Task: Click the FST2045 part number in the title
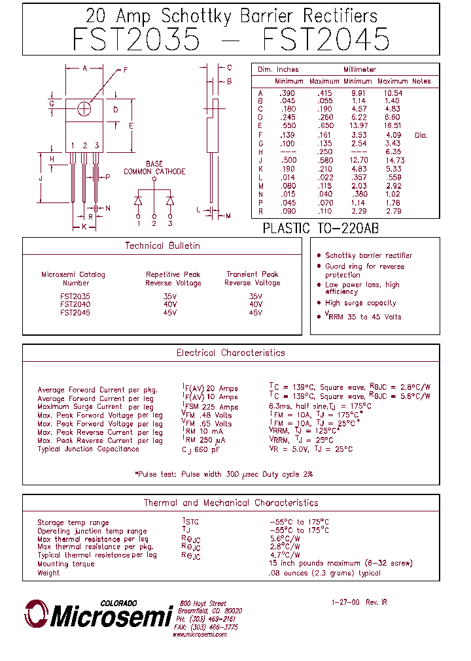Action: pyautogui.click(x=326, y=40)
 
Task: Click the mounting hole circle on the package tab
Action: pyautogui.click(x=84, y=109)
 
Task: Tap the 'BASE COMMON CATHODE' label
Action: pyautogui.click(x=154, y=168)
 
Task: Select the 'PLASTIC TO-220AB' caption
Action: pyautogui.click(x=321, y=229)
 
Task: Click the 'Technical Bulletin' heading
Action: pyautogui.click(x=162, y=246)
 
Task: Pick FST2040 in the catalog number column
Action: pyautogui.click(x=75, y=304)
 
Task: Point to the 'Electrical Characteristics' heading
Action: pyautogui.click(x=230, y=353)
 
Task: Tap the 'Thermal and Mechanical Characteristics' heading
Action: pyautogui.click(x=230, y=503)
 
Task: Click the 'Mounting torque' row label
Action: pyautogui.click(x=67, y=564)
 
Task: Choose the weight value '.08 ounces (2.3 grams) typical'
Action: pyautogui.click(x=324, y=573)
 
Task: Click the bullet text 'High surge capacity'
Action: pyautogui.click(x=360, y=303)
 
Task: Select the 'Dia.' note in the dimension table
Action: pyautogui.click(x=421, y=135)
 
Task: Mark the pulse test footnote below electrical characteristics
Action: pyautogui.click(x=223, y=474)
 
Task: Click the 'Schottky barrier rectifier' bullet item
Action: pyautogui.click(x=368, y=255)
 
